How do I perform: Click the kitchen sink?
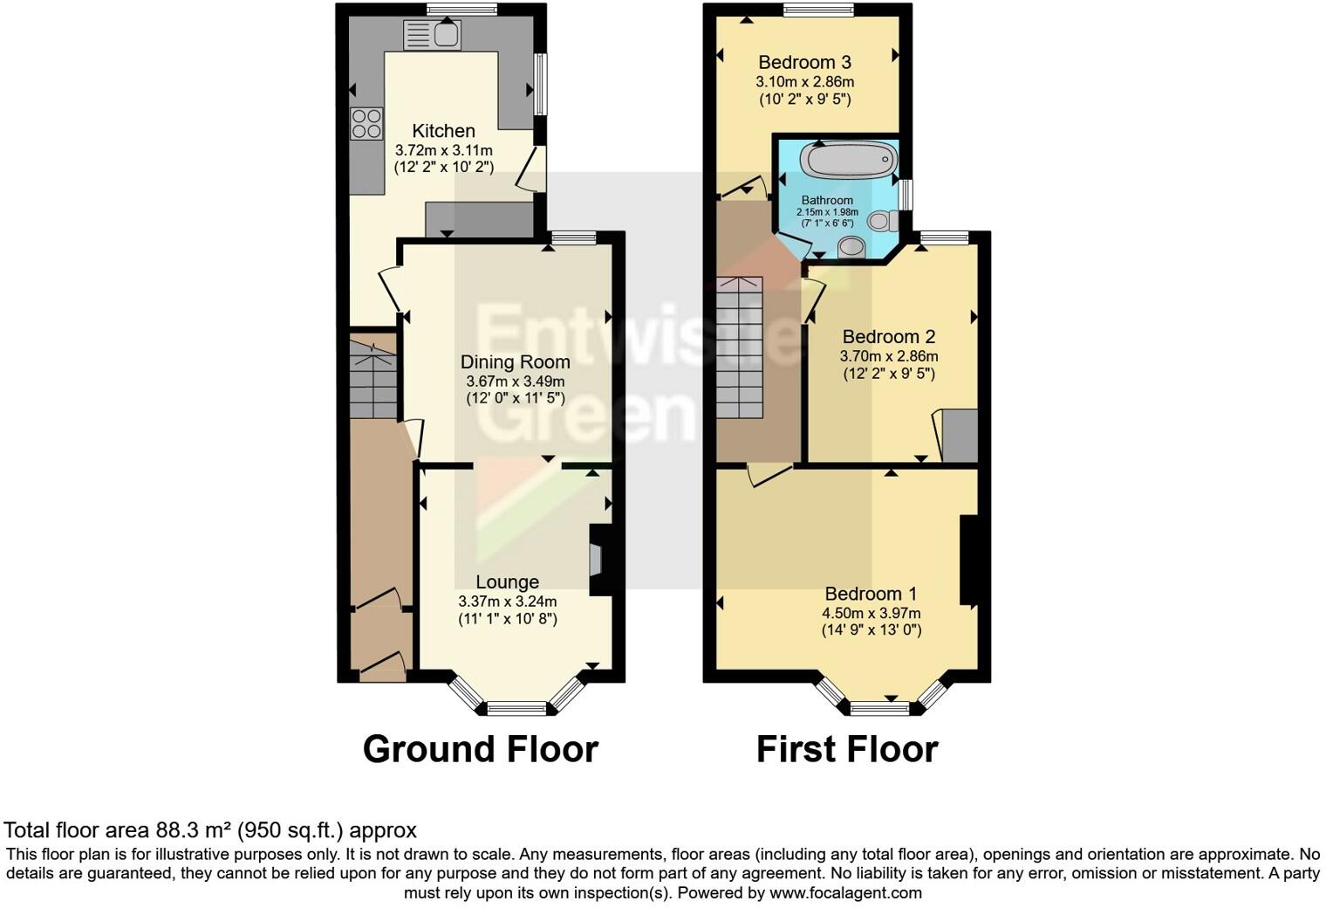[x=433, y=35]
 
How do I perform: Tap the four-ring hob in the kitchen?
[x=366, y=123]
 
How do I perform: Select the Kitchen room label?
[x=443, y=131]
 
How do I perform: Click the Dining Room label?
[x=515, y=362]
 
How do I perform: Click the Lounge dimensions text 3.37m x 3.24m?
[x=507, y=601]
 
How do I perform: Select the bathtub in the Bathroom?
[x=849, y=162]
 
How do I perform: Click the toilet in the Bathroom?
[x=881, y=221]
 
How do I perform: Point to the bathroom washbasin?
[x=851, y=250]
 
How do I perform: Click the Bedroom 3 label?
[x=804, y=62]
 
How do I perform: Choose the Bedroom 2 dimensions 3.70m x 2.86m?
[x=888, y=356]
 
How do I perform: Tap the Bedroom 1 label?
[x=871, y=594]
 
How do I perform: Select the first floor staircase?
[x=740, y=347]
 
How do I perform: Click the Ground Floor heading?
[x=480, y=749]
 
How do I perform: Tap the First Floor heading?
[x=846, y=749]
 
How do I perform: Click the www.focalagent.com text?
[x=845, y=893]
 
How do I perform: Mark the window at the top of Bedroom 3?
[x=817, y=10]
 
